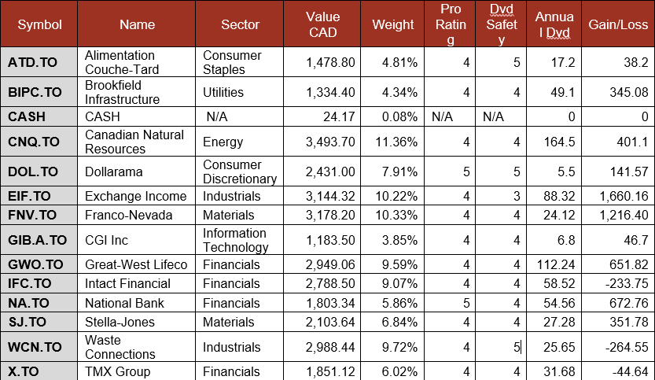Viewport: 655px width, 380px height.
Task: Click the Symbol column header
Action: (39, 24)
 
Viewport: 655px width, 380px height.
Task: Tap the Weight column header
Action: (393, 24)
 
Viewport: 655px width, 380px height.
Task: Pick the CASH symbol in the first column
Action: (27, 117)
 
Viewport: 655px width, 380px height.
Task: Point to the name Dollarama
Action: (114, 172)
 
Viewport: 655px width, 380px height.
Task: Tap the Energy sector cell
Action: (222, 142)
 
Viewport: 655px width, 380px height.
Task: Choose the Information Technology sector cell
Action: (234, 240)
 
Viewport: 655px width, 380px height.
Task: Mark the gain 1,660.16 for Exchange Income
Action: (617, 196)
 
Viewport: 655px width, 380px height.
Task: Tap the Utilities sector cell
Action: (223, 93)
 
